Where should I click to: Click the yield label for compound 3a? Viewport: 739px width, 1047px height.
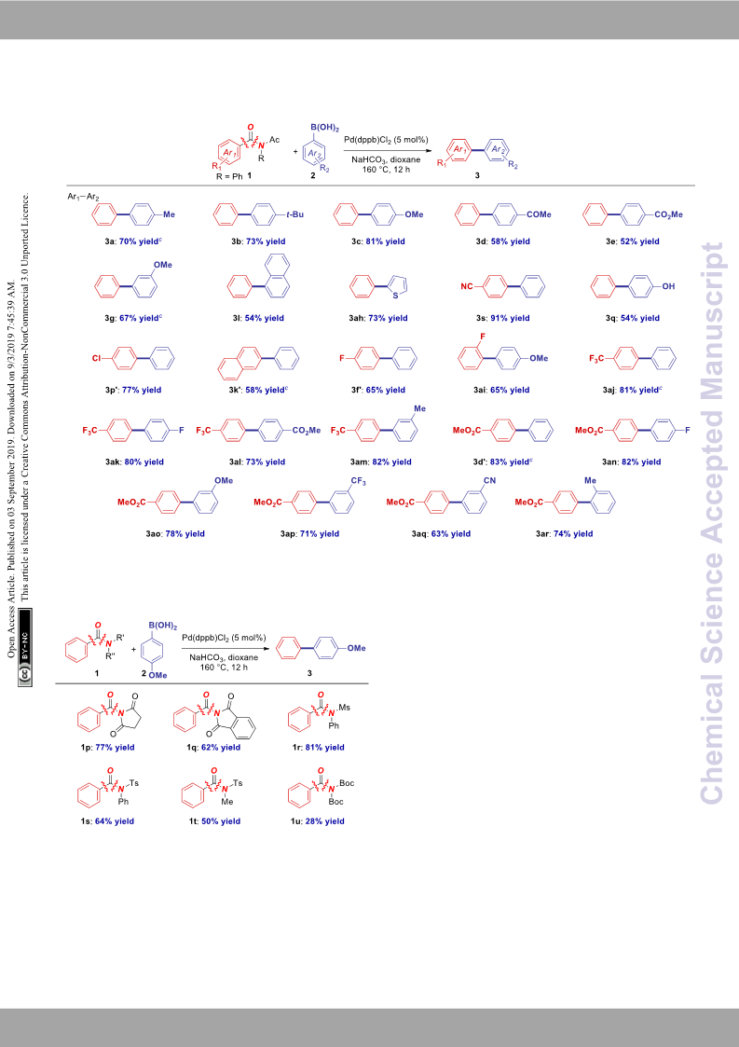(x=129, y=241)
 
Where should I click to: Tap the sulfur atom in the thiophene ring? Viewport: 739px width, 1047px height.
(x=394, y=296)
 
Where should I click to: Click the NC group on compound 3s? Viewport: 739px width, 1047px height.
(x=467, y=286)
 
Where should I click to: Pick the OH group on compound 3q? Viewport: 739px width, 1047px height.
(x=668, y=286)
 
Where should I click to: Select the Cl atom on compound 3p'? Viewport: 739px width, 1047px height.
(x=96, y=359)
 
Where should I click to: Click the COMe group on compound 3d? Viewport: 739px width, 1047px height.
(x=539, y=214)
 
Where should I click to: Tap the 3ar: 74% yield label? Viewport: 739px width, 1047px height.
(x=564, y=533)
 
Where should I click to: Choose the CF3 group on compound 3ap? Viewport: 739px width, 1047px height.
(x=359, y=481)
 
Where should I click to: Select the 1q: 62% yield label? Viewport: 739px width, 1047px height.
(x=213, y=747)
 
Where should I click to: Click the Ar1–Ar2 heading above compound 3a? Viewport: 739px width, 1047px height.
(x=83, y=197)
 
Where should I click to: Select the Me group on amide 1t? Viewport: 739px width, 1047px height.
(x=227, y=802)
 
